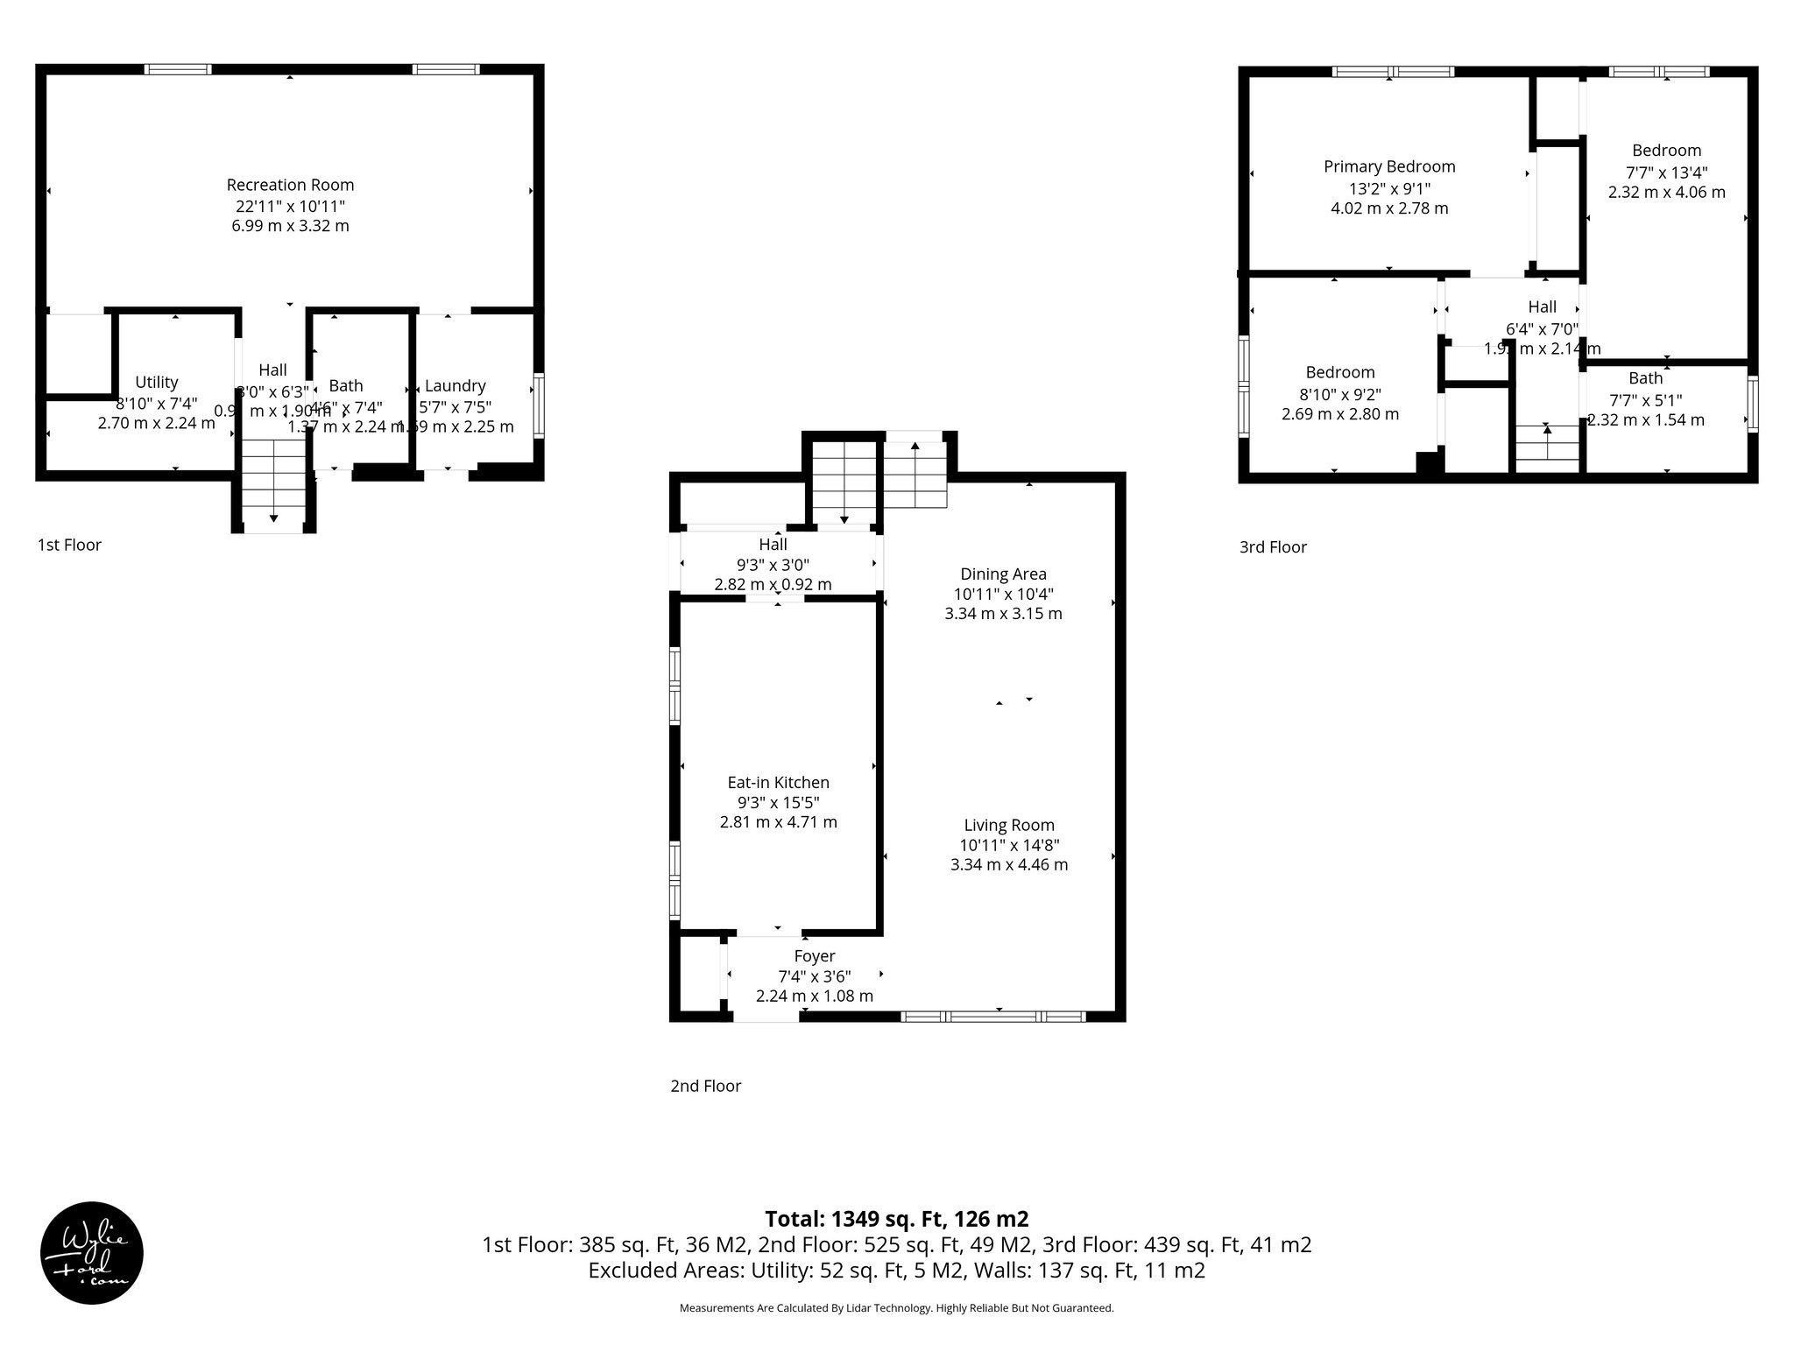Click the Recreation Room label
pos(290,185)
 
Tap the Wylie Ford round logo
pos(92,1253)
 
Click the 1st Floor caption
pos(69,545)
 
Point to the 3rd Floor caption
pos(1272,547)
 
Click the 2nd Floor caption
pos(705,1086)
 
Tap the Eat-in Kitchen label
pos(778,783)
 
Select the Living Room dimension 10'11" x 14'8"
pos(1008,845)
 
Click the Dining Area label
pos(1003,574)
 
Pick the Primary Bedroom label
pos(1389,166)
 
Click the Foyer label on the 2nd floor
pos(814,956)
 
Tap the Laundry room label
pos(455,385)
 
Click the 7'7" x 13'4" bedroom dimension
pos(1666,173)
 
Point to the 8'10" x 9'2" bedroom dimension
pos(1339,394)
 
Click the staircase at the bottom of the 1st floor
pos(273,483)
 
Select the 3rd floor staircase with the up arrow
pos(1547,444)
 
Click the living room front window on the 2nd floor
pos(993,1017)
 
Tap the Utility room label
pos(157,382)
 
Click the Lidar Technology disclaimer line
pos(896,1308)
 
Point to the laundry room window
pos(539,405)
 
